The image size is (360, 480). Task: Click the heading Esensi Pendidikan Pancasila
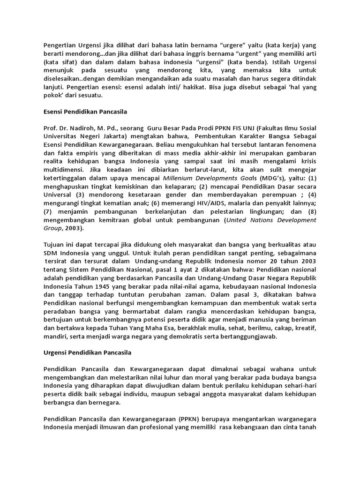click(86, 112)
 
